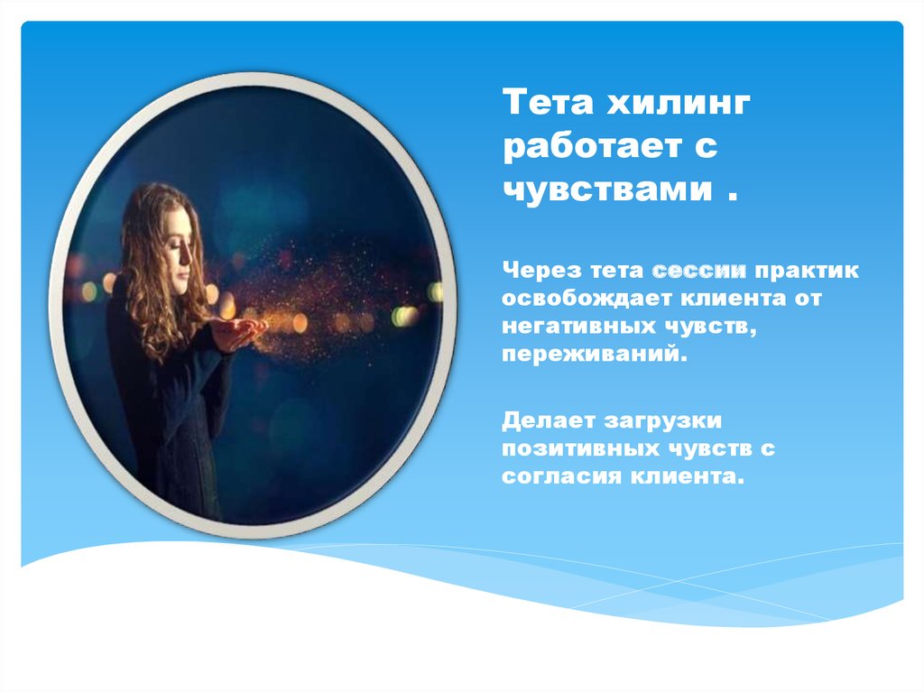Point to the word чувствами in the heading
(607, 189)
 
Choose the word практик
(807, 272)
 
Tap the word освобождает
(587, 299)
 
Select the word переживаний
(595, 355)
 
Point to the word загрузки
(663, 422)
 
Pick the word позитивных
(580, 448)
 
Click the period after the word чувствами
(733, 198)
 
